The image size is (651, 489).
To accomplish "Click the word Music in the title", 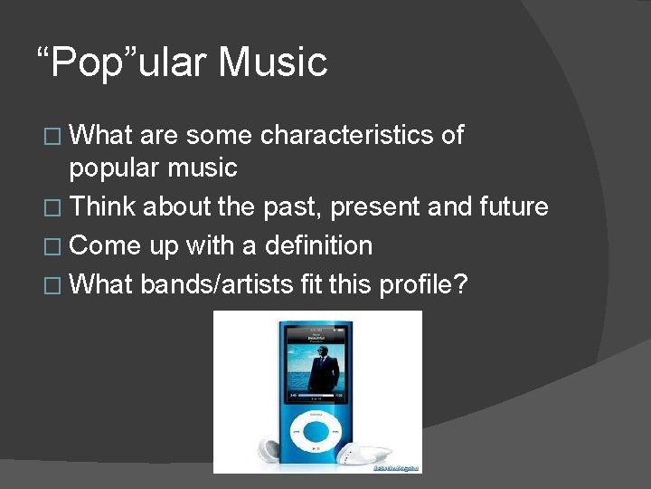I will click(273, 62).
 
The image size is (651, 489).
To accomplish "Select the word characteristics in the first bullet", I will click(347, 136).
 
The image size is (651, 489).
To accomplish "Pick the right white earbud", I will click(372, 454).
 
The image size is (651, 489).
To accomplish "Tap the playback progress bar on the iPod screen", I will click(317, 396).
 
